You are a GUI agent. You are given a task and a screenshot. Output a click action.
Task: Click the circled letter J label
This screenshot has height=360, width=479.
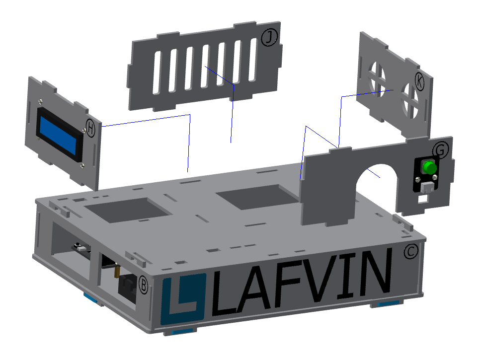(269, 37)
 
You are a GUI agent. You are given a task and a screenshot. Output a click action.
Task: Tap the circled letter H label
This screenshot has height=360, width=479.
(90, 128)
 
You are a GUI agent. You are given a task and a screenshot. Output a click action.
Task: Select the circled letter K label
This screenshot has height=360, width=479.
(419, 81)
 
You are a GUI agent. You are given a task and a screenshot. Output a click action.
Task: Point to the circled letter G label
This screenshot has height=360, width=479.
(441, 149)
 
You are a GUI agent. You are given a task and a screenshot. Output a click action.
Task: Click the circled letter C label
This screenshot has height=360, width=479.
(411, 251)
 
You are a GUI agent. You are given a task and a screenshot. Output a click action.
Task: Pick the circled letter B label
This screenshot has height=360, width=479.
(143, 285)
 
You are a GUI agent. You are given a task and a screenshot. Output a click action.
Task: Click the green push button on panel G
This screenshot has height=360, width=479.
(429, 167)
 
